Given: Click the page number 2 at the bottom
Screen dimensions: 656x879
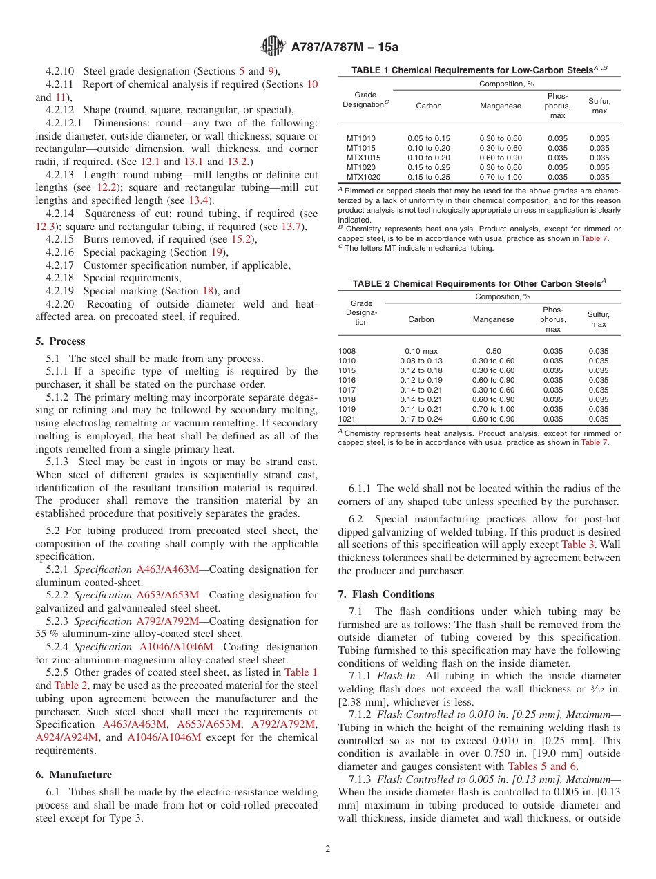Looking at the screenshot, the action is pyautogui.click(x=328, y=849).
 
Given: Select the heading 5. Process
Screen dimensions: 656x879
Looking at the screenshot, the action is pyautogui.click(x=60, y=341).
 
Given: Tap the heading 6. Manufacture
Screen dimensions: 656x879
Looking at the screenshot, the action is pyautogui.click(x=73, y=775).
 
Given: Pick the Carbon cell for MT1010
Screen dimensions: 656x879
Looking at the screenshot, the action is pyautogui.click(x=428, y=138).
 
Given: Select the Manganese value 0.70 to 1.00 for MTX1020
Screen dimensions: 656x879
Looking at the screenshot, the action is pyautogui.click(x=501, y=177).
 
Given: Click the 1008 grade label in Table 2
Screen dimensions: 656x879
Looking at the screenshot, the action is pyautogui.click(x=347, y=351).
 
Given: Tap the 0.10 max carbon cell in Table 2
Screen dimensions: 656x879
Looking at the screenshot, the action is pyautogui.click(x=421, y=351).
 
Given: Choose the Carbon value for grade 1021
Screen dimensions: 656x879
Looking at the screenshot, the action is pyautogui.click(x=421, y=419).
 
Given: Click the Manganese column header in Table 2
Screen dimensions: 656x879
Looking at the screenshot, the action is pyautogui.click(x=493, y=319).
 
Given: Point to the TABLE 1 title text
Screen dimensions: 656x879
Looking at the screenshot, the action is pyautogui.click(x=472, y=70).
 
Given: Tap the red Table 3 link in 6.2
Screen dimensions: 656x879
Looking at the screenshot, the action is pyautogui.click(x=578, y=545).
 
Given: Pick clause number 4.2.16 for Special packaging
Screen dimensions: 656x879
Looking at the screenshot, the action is pyautogui.click(x=60, y=252).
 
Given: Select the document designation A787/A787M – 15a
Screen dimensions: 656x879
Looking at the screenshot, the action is pyautogui.click(x=345, y=47).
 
